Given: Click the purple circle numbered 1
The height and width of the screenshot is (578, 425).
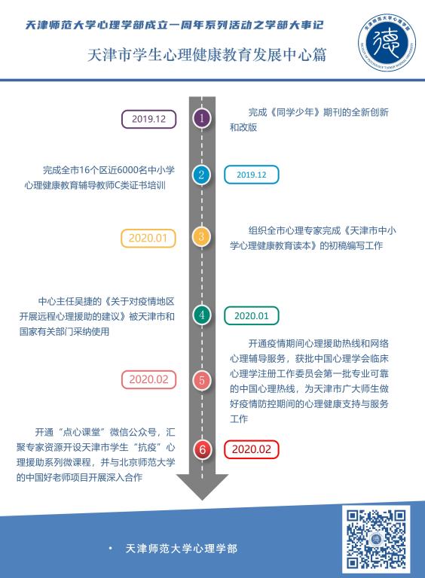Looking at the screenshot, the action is (201, 118).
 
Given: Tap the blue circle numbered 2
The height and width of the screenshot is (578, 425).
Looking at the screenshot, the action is (201, 175).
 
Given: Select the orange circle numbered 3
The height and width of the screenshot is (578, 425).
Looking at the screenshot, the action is (201, 236).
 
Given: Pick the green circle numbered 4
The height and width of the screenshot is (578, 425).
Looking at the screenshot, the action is (201, 315).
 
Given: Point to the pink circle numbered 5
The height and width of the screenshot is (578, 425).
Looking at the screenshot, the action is (201, 380).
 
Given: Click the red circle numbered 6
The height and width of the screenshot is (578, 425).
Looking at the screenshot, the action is (202, 449).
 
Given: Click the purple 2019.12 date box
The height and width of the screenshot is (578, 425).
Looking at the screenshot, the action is (148, 119).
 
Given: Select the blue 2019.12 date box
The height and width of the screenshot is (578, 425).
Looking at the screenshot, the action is (251, 175).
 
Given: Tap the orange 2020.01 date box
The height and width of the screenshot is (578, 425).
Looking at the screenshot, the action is (148, 238).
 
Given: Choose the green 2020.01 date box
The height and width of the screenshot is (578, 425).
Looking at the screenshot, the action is (251, 316).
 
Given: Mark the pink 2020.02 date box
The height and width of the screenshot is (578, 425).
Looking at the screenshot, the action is (148, 379).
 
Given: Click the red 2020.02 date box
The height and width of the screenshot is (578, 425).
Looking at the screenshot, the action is (251, 449).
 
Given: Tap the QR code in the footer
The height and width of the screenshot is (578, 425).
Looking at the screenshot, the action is (376, 539).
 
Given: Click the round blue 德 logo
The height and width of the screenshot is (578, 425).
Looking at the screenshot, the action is (387, 42).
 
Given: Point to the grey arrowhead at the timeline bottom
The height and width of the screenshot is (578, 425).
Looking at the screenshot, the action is (202, 487).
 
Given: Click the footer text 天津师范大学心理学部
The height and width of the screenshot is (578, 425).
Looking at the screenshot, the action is (182, 549).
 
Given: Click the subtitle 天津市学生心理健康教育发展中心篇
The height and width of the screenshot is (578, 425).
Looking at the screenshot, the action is (207, 55).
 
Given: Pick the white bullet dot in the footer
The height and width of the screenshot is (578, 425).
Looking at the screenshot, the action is (110, 549).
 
